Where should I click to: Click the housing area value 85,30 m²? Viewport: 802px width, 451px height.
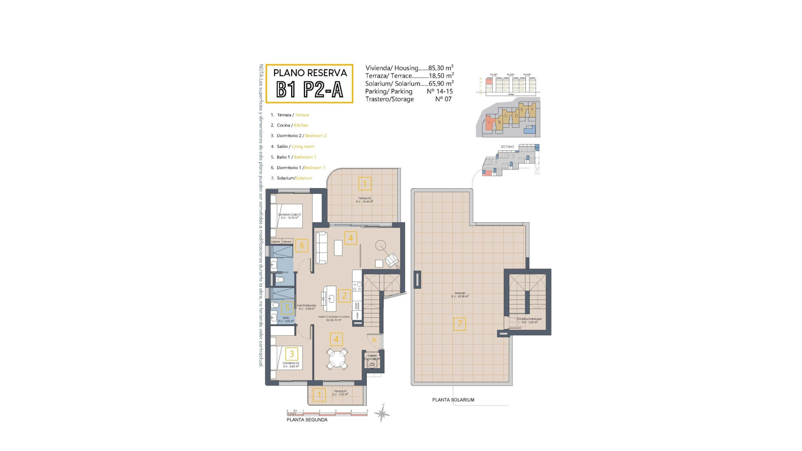click(441, 68)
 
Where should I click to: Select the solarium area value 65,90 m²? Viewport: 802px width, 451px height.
click(441, 84)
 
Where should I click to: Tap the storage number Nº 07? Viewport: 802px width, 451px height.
click(443, 99)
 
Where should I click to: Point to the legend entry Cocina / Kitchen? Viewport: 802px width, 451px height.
click(292, 125)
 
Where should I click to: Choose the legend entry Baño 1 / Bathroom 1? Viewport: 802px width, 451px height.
click(296, 157)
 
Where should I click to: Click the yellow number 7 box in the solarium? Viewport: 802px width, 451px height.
click(459, 324)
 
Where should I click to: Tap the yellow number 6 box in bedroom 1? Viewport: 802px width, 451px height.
click(302, 246)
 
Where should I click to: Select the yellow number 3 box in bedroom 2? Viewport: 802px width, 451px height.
click(292, 354)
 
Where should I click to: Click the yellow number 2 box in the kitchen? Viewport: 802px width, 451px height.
click(344, 296)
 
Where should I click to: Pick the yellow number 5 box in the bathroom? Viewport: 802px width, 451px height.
click(287, 308)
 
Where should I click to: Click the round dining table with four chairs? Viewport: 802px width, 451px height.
click(337, 358)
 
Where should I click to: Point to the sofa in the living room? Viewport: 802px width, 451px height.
click(321, 248)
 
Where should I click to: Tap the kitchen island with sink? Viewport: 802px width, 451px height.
click(331, 298)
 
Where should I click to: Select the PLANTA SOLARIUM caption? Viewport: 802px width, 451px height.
click(453, 400)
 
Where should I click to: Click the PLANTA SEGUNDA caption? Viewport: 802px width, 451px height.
click(307, 420)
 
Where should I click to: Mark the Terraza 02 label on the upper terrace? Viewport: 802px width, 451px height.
click(364, 198)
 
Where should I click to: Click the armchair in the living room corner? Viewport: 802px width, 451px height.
click(392, 261)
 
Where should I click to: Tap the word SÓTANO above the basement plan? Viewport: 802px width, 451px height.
click(507, 147)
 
